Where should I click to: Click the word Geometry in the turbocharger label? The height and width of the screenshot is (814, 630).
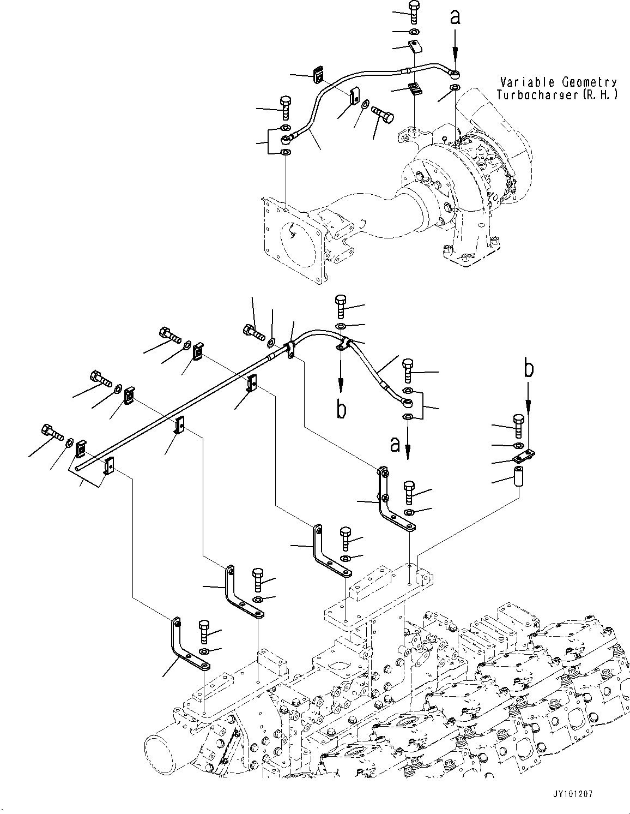click(x=588, y=82)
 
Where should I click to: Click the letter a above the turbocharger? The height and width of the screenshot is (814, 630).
click(x=455, y=17)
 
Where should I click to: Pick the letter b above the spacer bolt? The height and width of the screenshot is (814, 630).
click(x=528, y=369)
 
